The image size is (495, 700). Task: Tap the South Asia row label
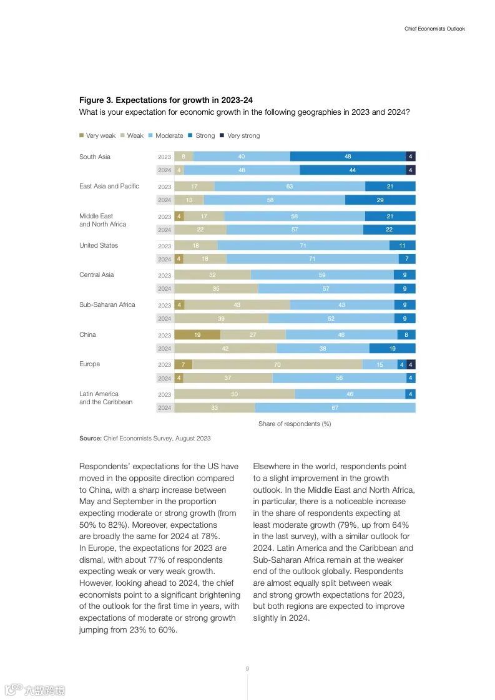(x=95, y=157)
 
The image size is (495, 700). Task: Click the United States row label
(x=99, y=245)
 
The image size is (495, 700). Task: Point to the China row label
(x=87, y=334)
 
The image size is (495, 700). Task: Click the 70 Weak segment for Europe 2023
(x=277, y=365)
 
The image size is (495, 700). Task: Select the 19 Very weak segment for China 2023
(x=197, y=335)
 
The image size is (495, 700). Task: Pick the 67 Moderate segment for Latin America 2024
(x=335, y=408)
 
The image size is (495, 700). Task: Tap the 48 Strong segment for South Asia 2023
(x=348, y=157)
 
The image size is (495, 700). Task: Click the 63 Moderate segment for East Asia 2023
(x=290, y=187)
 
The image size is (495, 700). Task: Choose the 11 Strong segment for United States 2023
(x=403, y=246)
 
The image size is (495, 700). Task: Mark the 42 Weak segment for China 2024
(x=225, y=349)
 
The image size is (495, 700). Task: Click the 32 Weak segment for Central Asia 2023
(x=212, y=275)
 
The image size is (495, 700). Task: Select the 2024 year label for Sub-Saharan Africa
(x=164, y=319)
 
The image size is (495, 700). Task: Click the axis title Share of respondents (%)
(x=295, y=424)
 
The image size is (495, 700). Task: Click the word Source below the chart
(x=90, y=439)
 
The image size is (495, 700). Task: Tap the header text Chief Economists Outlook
(x=434, y=29)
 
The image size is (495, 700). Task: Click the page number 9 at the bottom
(x=247, y=669)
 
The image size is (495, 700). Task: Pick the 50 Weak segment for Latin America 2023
(x=234, y=394)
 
